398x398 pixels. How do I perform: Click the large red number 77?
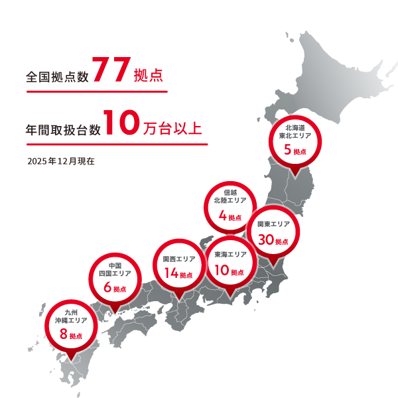[111, 71]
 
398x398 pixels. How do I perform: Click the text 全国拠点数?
[57, 76]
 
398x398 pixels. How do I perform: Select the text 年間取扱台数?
[63, 129]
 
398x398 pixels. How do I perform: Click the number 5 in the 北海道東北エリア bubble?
[288, 150]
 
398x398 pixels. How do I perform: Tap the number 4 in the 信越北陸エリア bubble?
[222, 216]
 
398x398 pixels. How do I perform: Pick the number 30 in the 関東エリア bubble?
[266, 239]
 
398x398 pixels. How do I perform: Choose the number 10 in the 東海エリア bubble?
[220, 270]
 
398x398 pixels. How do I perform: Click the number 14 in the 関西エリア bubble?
[170, 273]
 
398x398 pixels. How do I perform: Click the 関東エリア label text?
[273, 224]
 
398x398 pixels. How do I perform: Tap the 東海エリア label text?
[230, 255]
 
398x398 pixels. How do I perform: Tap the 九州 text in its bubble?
[72, 311]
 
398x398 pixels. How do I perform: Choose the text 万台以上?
[172, 128]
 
